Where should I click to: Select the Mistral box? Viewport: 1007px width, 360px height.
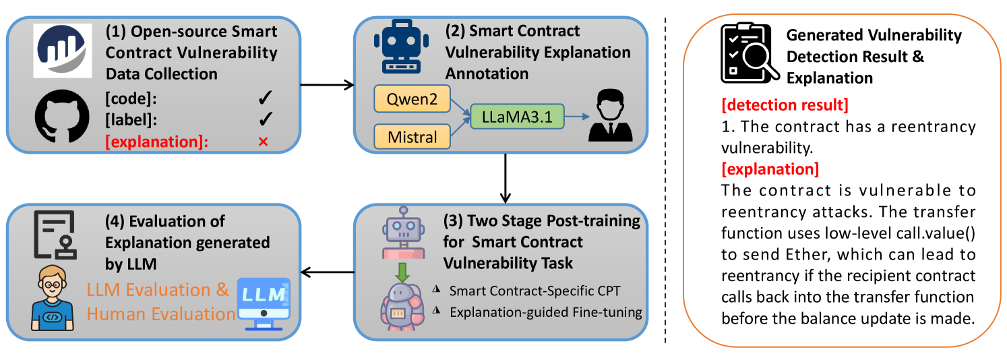413,138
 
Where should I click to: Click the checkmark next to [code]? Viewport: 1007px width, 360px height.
264,99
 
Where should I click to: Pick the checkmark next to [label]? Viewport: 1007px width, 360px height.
264,119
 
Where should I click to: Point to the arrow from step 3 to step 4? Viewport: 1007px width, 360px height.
327,272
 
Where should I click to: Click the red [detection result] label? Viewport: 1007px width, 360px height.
785,106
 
